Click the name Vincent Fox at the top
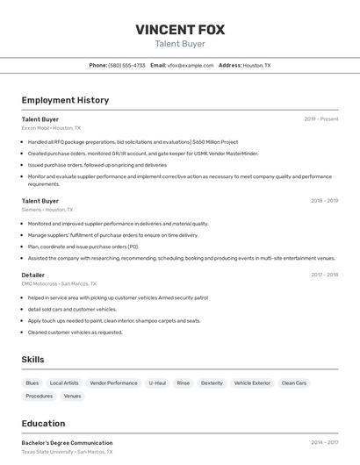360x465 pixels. tap(180, 30)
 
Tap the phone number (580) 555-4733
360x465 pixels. tap(127, 66)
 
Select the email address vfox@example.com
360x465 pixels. tap(191, 66)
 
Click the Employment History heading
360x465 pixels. tap(65, 100)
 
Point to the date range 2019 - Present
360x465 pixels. tap(321, 119)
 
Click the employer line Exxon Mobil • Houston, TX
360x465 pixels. tap(51, 128)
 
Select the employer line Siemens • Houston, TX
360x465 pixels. tap(47, 210)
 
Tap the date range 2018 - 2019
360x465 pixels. tap(324, 201)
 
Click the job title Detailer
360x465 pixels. tap(33, 275)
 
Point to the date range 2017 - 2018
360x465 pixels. tap(324, 275)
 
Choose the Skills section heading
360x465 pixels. tap(32, 360)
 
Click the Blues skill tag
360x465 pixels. tap(32, 383)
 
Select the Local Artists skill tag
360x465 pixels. tap(64, 383)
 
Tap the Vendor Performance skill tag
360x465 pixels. tap(113, 383)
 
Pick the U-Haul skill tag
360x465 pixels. tap(157, 383)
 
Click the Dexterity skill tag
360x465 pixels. tap(212, 383)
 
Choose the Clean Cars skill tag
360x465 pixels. tap(294, 383)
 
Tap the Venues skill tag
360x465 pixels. tap(73, 396)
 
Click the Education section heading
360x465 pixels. tap(43, 423)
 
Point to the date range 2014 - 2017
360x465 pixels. tap(324, 443)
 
